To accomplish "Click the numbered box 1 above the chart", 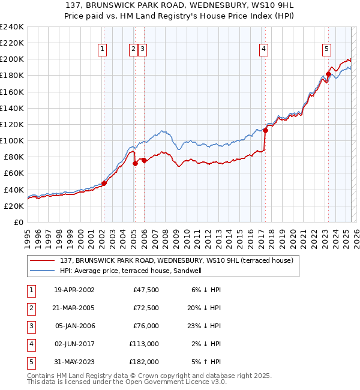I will click(x=103, y=50).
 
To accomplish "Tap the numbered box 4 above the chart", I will click(x=264, y=50).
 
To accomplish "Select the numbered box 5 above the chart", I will click(x=326, y=50).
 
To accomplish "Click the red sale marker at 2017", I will click(x=265, y=130).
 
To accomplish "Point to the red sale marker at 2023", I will click(x=328, y=74).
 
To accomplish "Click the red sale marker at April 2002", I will click(x=104, y=184).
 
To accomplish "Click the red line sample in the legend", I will click(x=42, y=261).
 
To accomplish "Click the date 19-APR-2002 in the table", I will click(x=74, y=290).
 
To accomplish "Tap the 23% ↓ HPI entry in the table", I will click(x=205, y=326).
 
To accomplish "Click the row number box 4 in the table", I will click(x=31, y=344).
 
